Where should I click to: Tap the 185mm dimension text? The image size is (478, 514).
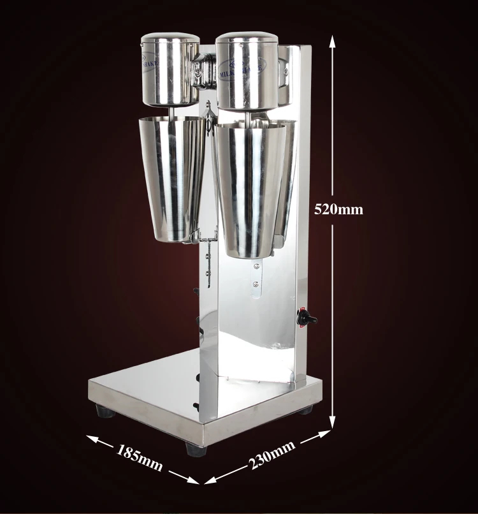139,457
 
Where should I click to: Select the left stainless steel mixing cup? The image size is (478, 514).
170,179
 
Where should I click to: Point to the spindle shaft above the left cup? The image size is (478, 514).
172,112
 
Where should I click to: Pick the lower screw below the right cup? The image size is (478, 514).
256,284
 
